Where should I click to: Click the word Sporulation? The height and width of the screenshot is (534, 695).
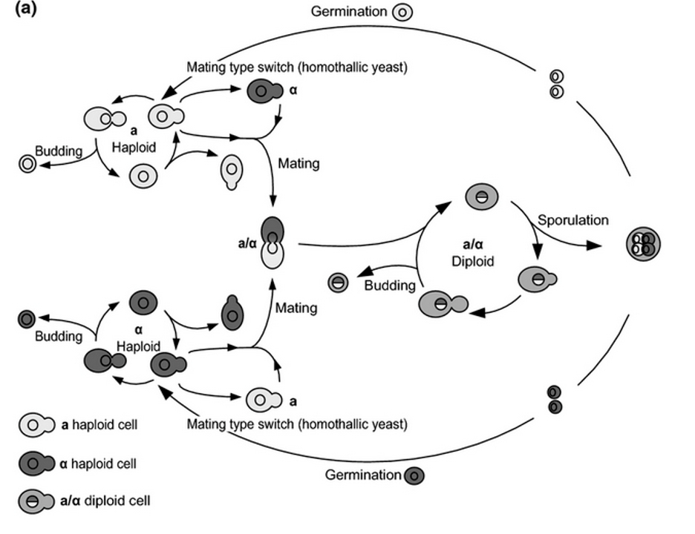coord(573,220)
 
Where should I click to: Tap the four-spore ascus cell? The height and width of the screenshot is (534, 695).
coord(642,243)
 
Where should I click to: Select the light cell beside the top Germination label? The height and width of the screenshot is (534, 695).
coord(402,13)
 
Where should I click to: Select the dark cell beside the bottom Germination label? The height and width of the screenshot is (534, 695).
coord(414,475)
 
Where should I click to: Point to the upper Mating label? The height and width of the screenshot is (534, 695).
coord(298,163)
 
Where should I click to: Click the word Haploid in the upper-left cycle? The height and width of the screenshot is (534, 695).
coord(134,147)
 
